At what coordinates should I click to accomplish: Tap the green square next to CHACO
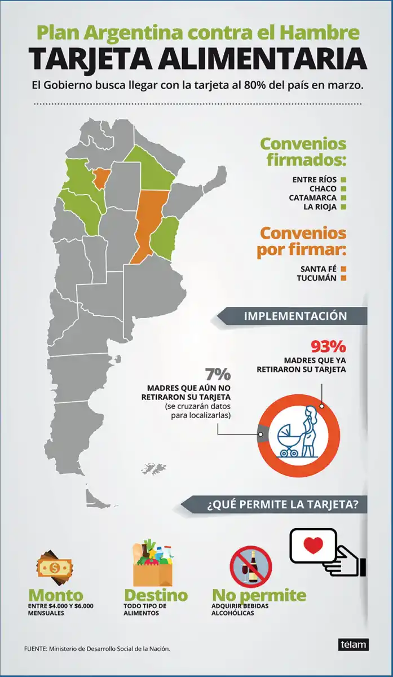[343, 189]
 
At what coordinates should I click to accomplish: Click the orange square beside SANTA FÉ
[343, 269]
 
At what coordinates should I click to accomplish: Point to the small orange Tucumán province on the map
[101, 178]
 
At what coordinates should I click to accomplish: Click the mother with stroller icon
[299, 432]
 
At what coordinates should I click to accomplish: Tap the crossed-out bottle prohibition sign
[251, 566]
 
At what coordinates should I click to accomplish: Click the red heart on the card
[313, 546]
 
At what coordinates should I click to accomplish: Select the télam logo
[354, 644]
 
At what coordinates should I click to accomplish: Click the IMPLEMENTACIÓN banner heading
[295, 316]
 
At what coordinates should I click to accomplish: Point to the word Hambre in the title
[326, 33]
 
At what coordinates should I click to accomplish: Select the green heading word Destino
[156, 595]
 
